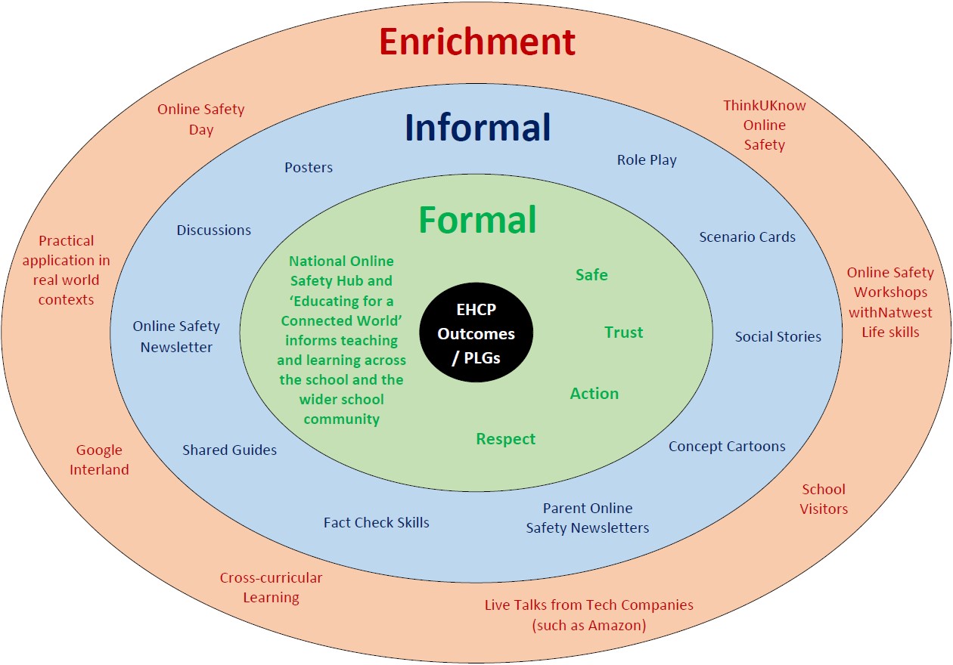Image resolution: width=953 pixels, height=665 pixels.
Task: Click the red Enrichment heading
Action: click(x=477, y=42)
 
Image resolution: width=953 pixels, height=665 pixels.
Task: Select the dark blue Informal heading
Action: click(x=478, y=127)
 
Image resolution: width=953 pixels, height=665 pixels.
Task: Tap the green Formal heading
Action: click(x=477, y=219)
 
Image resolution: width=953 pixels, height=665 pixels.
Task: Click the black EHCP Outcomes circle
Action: click(x=476, y=332)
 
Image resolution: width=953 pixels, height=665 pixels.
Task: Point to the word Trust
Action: click(x=624, y=332)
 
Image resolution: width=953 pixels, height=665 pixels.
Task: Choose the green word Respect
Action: click(x=505, y=439)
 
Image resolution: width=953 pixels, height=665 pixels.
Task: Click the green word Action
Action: click(x=594, y=393)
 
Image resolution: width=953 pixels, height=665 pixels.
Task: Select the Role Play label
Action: click(x=647, y=160)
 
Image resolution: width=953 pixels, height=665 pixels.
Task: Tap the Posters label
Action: click(x=309, y=167)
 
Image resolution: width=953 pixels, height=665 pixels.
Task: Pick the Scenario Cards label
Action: click(x=747, y=237)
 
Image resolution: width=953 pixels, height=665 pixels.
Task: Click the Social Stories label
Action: click(x=778, y=336)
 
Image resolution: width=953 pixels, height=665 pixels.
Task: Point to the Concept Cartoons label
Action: click(x=727, y=446)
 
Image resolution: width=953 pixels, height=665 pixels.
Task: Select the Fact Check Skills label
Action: click(x=377, y=522)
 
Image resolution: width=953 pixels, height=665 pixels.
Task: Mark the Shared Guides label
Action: click(x=229, y=450)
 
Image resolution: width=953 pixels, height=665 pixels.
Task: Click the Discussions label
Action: click(x=213, y=230)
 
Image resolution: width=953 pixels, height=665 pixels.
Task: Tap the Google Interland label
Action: click(x=99, y=459)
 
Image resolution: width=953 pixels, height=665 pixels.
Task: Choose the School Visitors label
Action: click(x=824, y=499)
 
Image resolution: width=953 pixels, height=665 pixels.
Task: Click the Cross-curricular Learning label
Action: click(x=271, y=588)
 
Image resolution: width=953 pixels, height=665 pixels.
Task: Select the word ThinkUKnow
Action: click(x=765, y=106)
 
